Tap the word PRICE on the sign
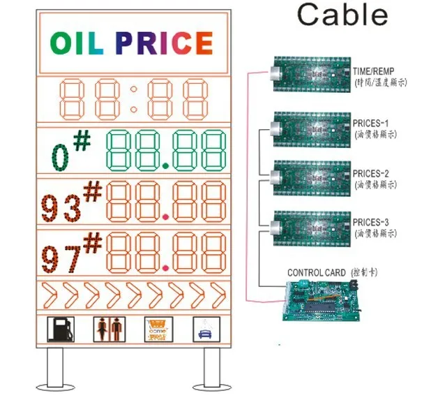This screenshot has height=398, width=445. tap(164, 44)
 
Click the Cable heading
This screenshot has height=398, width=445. tap(342, 15)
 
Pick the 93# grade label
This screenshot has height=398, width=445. tap(72, 203)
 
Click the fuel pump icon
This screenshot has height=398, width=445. tap(61, 329)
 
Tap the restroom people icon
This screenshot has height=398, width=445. tap(106, 329)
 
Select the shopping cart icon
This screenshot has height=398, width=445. tap(156, 329)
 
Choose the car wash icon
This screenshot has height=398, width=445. tap(206, 329)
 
